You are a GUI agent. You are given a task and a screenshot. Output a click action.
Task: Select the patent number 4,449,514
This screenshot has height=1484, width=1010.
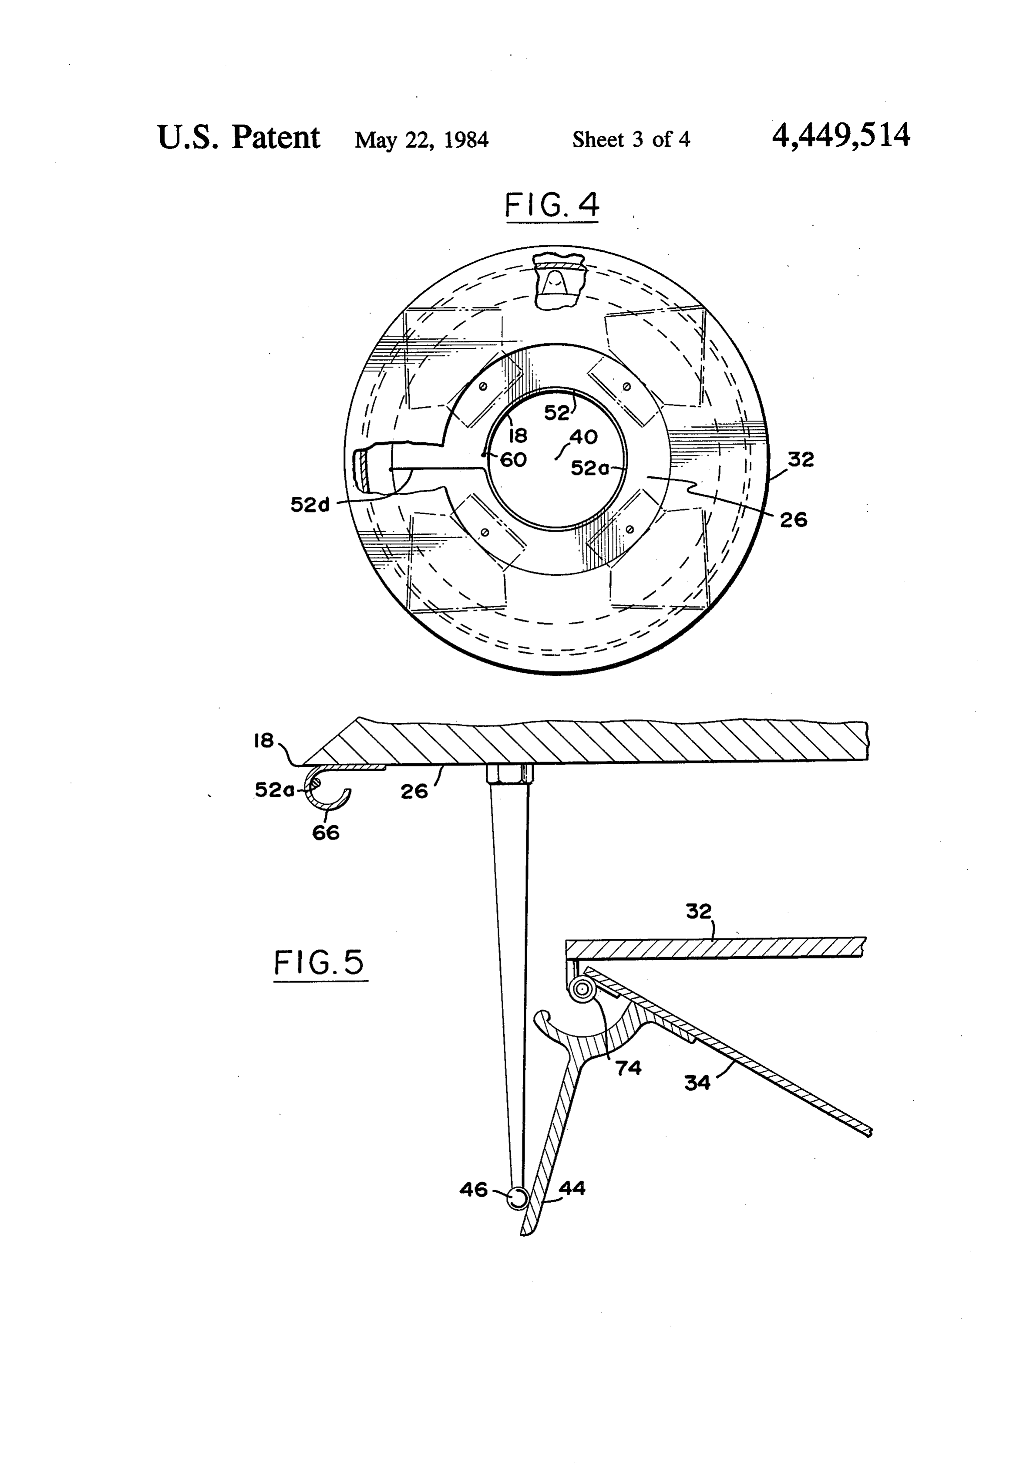[841, 136]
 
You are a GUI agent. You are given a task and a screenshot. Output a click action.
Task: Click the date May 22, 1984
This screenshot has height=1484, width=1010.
[421, 139]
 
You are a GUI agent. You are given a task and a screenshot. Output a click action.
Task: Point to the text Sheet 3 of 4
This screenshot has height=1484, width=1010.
[631, 139]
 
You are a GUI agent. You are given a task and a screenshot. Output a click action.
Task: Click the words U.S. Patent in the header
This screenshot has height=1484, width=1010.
[238, 137]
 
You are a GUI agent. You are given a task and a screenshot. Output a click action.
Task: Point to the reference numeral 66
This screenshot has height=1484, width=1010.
[326, 832]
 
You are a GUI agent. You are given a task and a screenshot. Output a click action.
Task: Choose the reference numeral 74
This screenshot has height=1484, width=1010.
[628, 1068]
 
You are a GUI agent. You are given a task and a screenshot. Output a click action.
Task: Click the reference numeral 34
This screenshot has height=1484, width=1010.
[697, 1083]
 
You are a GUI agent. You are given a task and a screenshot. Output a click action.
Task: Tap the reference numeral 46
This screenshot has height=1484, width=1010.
[473, 1189]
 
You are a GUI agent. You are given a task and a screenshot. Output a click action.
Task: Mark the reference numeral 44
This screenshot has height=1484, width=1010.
[572, 1188]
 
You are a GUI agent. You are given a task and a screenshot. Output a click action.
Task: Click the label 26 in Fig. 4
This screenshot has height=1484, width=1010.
[794, 520]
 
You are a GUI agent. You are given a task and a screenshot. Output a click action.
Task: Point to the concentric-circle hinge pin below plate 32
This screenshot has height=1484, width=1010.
[582, 990]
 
